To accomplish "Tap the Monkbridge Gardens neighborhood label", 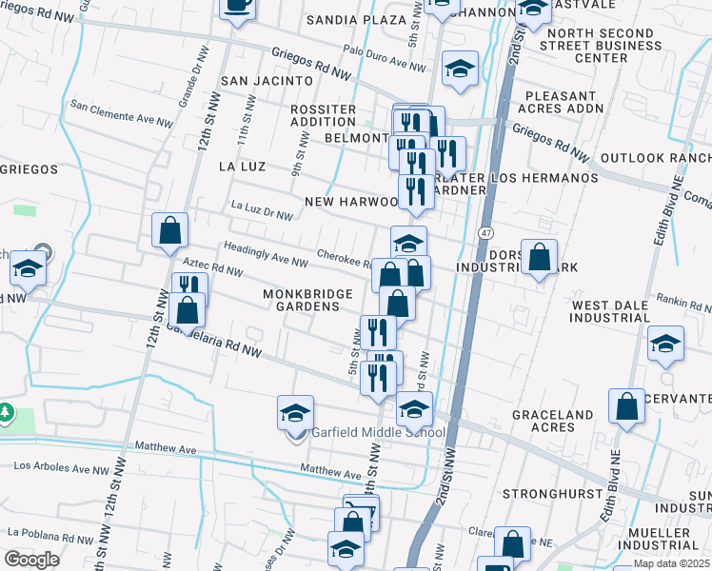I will [x=302, y=301].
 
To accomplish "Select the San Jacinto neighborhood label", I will [x=267, y=82].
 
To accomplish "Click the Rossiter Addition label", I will [x=323, y=115].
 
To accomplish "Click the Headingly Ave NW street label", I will [x=266, y=254].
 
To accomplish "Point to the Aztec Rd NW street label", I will [x=214, y=270].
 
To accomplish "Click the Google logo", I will [x=32, y=559].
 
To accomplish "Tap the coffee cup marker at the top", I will [x=238, y=6].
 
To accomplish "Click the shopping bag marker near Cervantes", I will [x=628, y=406].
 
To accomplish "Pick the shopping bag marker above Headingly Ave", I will [x=169, y=229].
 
